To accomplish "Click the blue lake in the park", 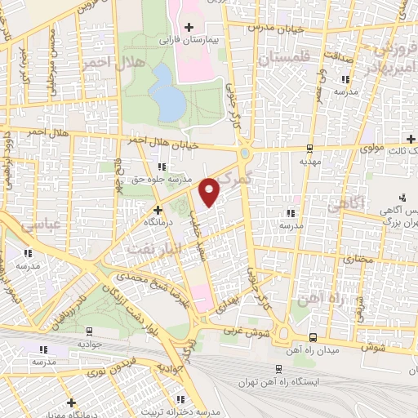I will (x=168, y=91).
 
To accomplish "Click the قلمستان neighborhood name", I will (x=285, y=59).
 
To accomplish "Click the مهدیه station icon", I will (x=309, y=149).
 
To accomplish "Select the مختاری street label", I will (x=356, y=258).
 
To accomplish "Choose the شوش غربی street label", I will (x=244, y=330).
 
